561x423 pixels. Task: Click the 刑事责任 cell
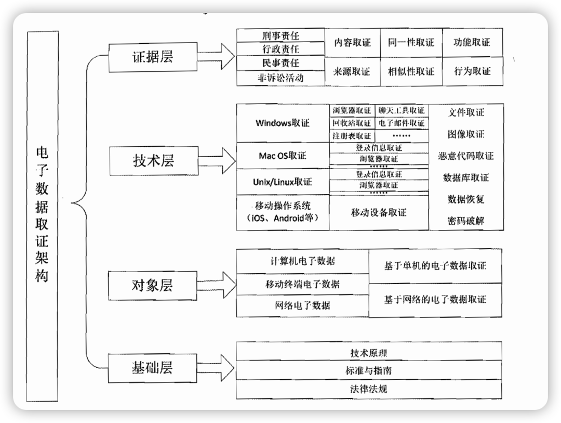click(280, 35)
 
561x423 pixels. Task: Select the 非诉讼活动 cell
click(280, 78)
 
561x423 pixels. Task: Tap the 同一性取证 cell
click(411, 43)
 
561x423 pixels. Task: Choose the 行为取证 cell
click(472, 71)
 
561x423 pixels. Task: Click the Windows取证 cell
click(283, 123)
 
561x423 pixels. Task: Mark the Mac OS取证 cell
click(283, 156)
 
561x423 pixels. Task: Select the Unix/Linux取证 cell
click(283, 182)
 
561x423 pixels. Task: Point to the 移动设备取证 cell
click(379, 212)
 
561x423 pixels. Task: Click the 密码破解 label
click(466, 221)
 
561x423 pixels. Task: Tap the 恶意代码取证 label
click(466, 156)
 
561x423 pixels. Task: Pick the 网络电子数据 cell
click(302, 305)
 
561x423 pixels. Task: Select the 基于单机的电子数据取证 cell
click(435, 266)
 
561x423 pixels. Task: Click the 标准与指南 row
click(369, 371)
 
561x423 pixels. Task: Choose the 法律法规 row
click(369, 389)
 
